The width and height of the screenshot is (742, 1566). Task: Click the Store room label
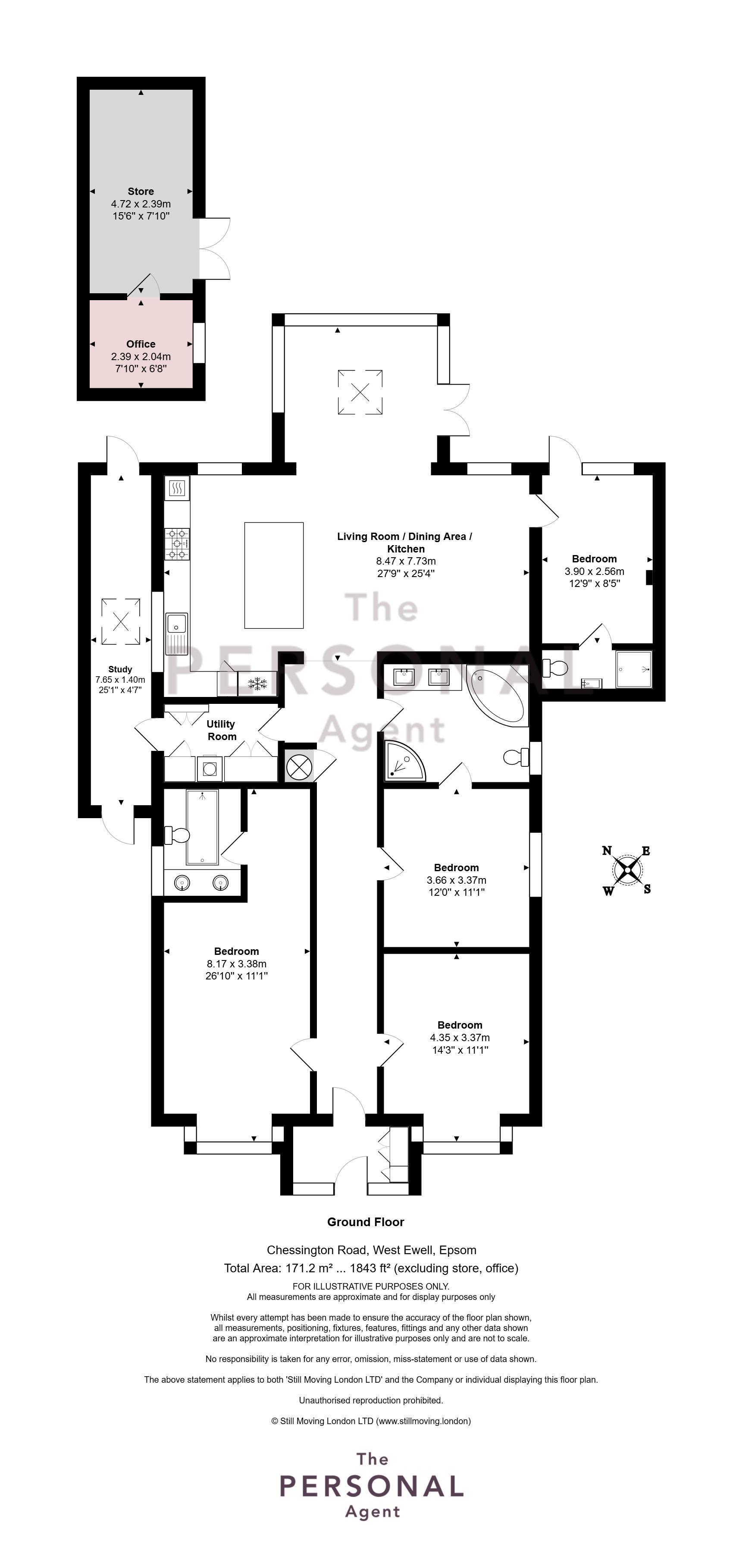click(x=141, y=191)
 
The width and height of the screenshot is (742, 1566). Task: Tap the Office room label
click(x=141, y=344)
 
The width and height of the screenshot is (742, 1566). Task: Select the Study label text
click(x=120, y=669)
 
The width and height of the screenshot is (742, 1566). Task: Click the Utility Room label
click(x=221, y=730)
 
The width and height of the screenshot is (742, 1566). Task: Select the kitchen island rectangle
click(x=273, y=575)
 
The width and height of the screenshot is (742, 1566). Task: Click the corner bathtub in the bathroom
click(x=498, y=696)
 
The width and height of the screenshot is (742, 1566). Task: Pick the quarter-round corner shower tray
click(x=402, y=763)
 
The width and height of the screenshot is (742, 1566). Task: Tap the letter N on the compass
click(x=607, y=850)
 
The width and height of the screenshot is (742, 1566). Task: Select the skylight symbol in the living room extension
click(x=360, y=392)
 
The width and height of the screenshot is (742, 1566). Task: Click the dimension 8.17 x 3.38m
click(x=236, y=963)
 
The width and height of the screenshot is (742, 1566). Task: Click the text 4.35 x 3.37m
click(x=460, y=1037)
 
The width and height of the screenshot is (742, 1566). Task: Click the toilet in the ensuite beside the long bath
click(x=177, y=835)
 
